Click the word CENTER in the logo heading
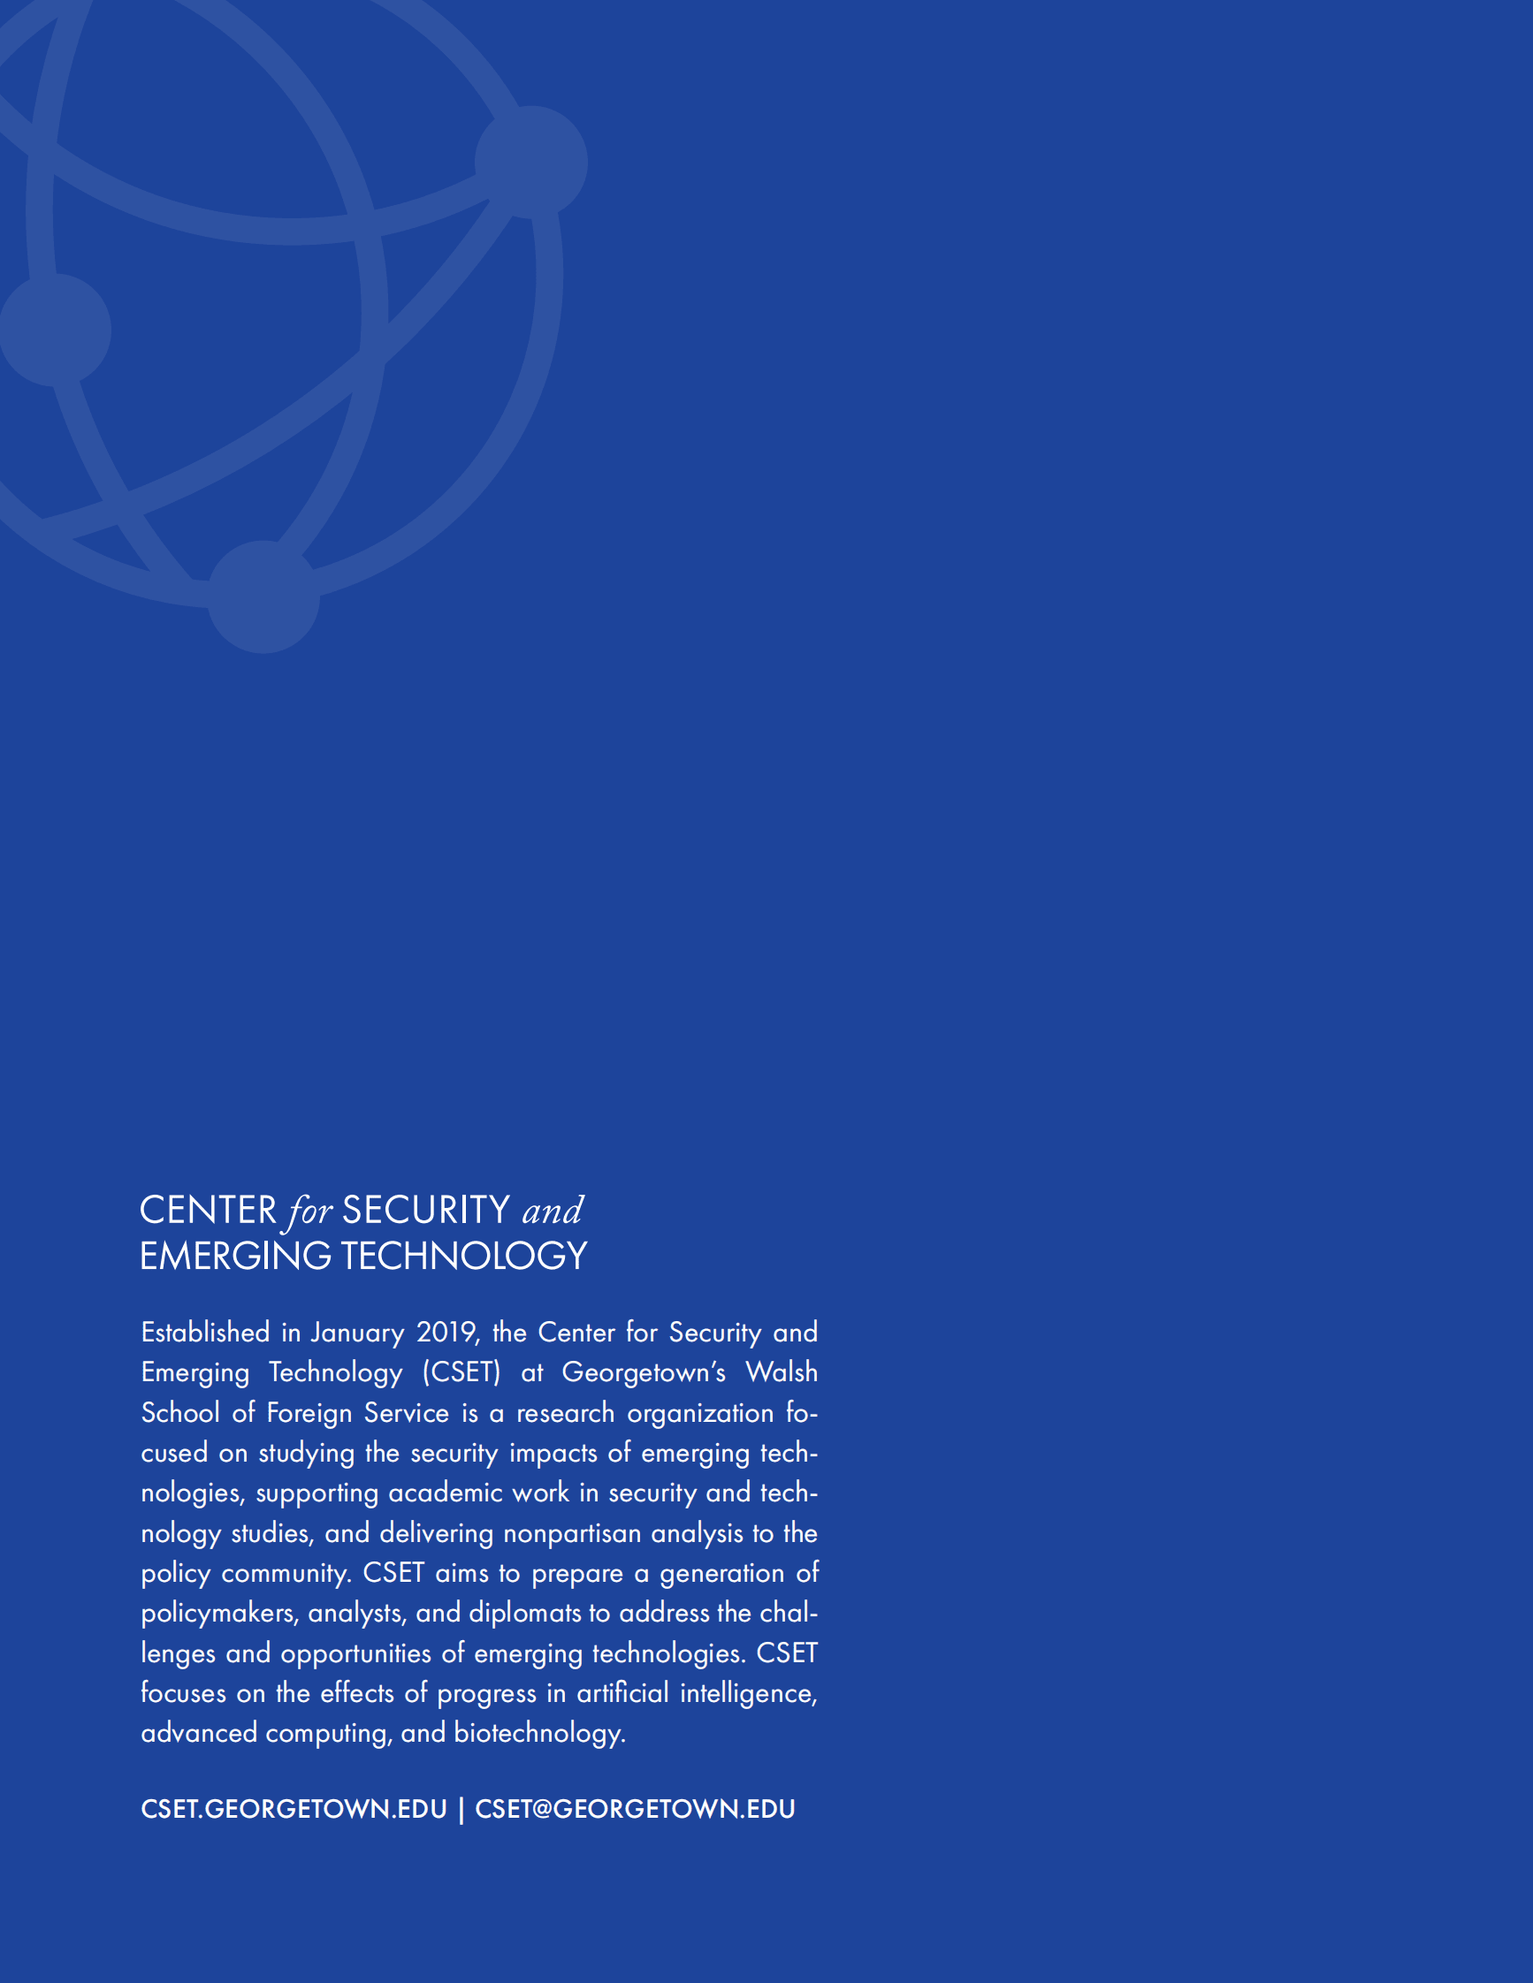point(208,1212)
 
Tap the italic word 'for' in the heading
point(309,1212)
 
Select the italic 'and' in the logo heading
point(553,1212)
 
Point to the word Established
point(205,1333)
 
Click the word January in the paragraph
point(358,1333)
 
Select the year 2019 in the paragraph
point(446,1333)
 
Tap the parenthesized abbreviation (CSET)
point(461,1373)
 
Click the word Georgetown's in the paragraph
point(644,1373)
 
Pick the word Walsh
point(782,1373)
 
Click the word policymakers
point(219,1614)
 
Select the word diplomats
point(525,1614)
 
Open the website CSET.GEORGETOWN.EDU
point(294,1810)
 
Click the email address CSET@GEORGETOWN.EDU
point(635,1810)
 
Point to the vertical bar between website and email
point(461,1810)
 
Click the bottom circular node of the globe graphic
point(263,597)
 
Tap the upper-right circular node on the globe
point(531,163)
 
